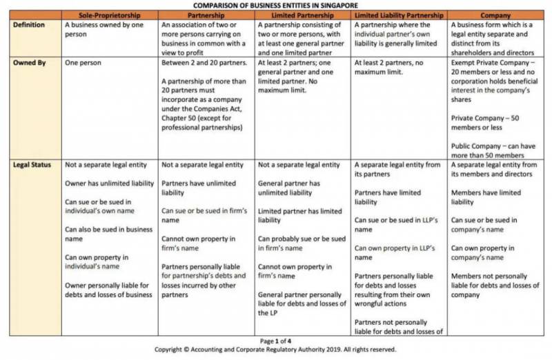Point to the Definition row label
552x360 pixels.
29,24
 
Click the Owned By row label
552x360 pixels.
28,62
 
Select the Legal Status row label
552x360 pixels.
30,166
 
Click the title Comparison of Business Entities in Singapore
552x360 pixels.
276,5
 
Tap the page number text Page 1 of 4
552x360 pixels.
276,341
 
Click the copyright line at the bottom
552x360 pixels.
276,350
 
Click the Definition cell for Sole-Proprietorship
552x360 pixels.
104,29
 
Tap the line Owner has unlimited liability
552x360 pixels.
108,183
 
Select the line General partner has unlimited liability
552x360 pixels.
289,188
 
